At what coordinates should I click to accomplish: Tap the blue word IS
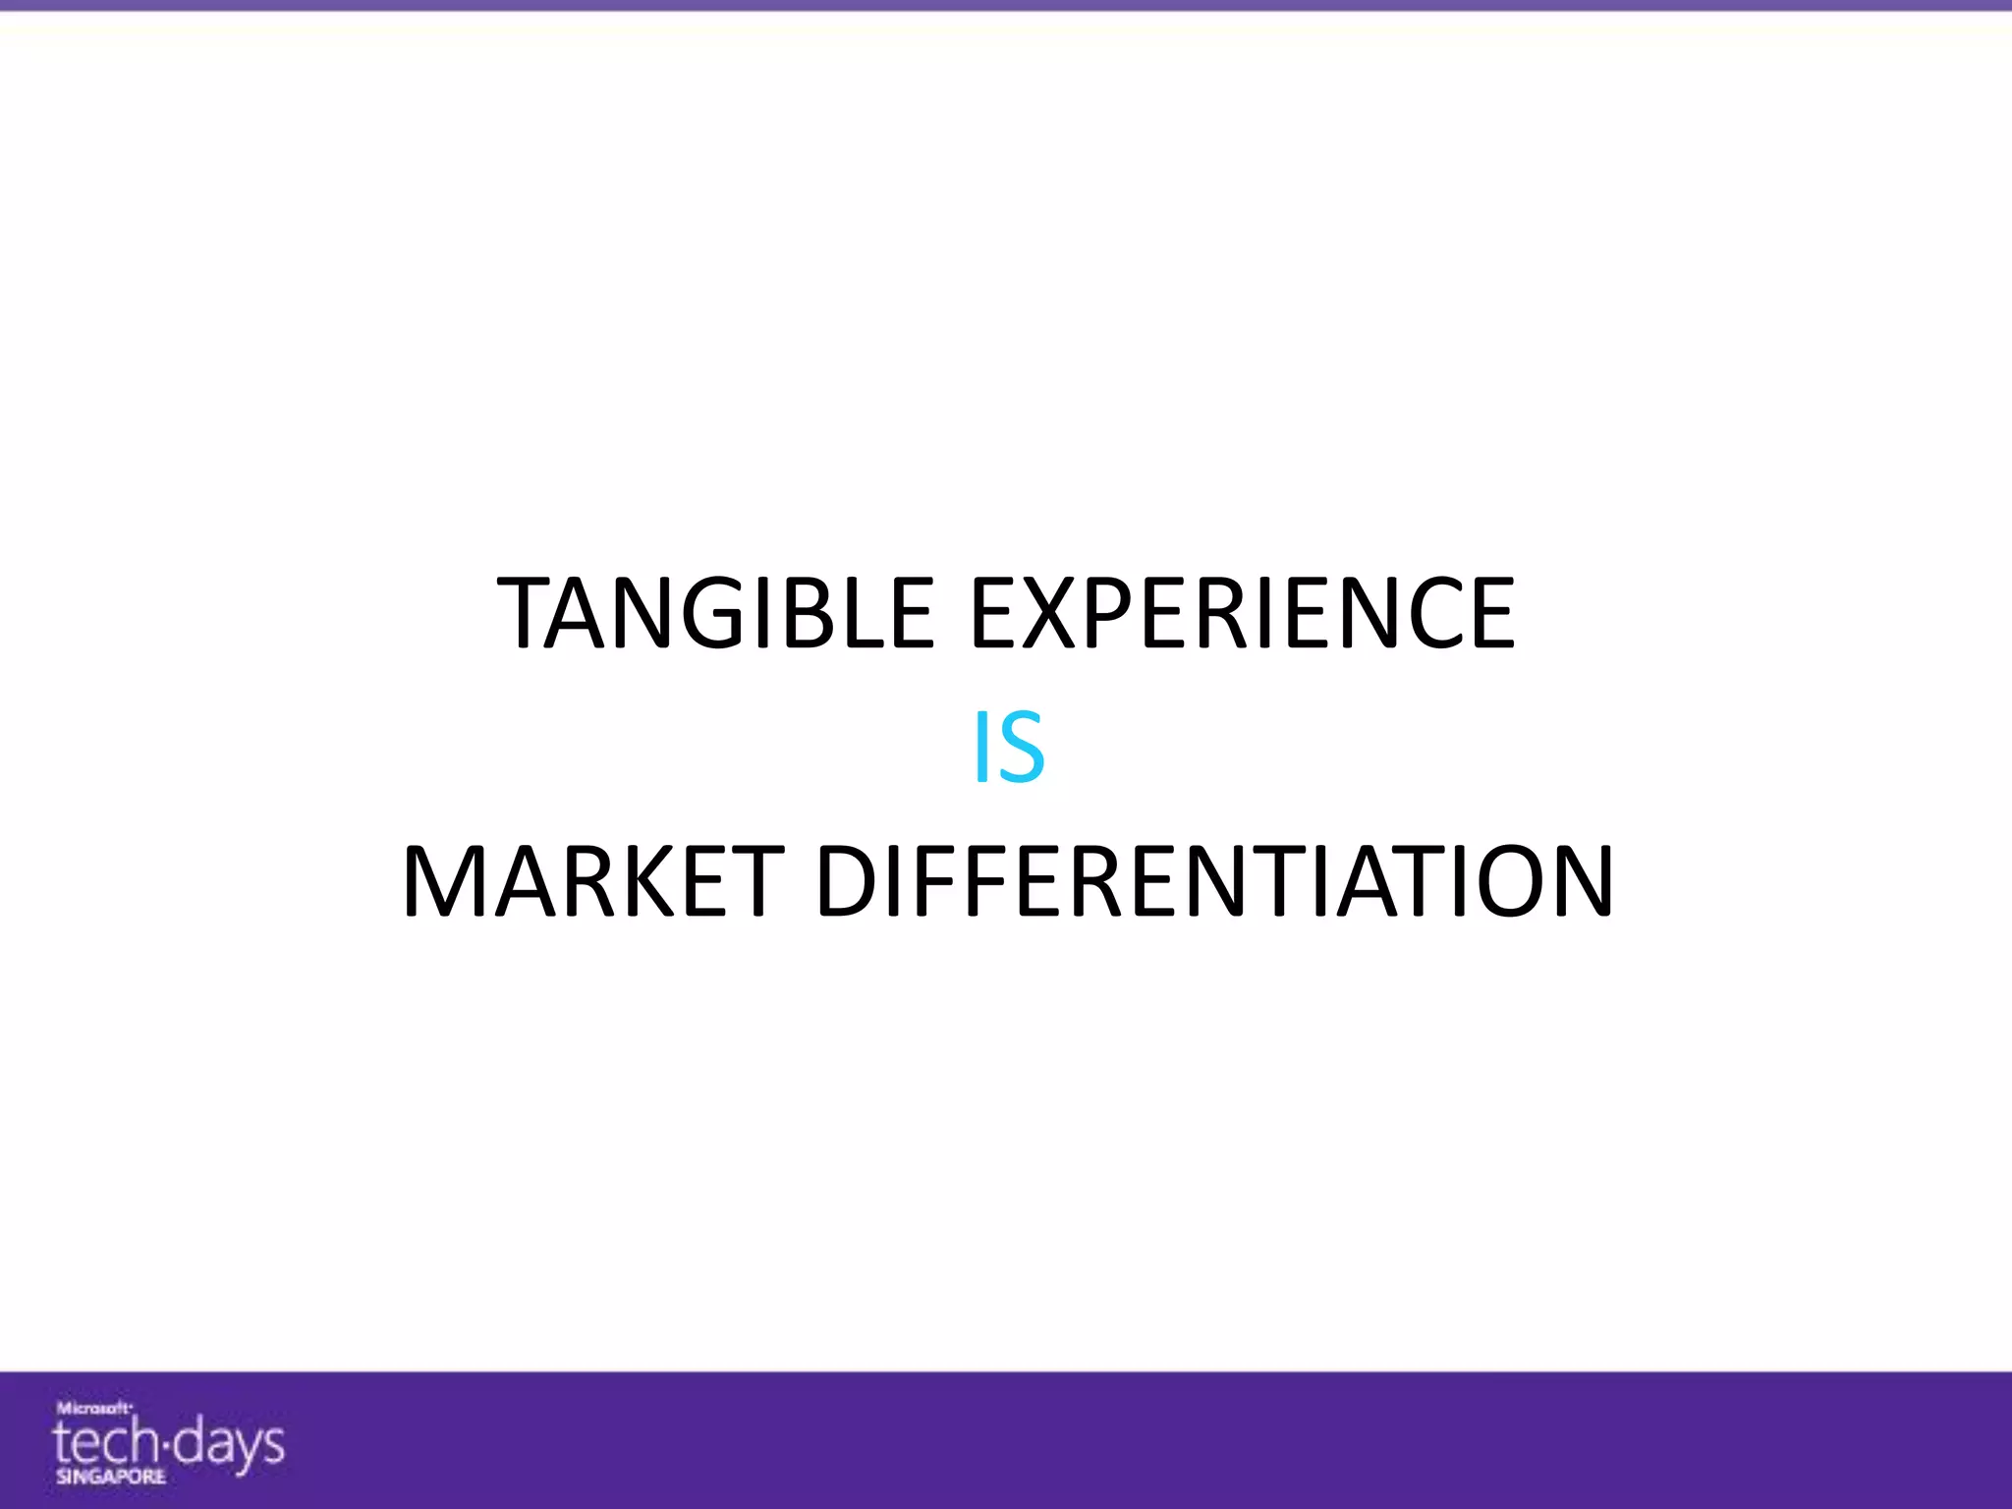point(1008,749)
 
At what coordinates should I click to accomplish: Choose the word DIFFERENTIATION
point(1214,881)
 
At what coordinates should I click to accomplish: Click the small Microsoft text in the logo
point(93,1407)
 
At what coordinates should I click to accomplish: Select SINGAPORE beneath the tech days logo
point(110,1477)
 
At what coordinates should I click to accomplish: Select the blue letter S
point(1022,749)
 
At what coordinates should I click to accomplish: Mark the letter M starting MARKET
point(447,881)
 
